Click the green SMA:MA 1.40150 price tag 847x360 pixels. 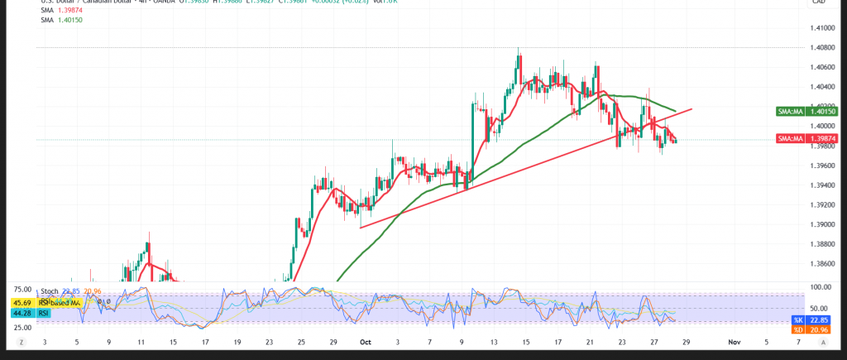[797, 111]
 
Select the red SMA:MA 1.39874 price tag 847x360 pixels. [797, 139]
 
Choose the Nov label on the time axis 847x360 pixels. [733, 341]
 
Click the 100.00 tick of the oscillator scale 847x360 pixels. [821, 287]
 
